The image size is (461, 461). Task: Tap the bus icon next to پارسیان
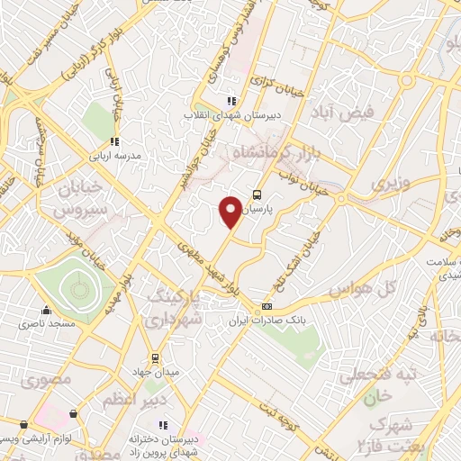point(258,194)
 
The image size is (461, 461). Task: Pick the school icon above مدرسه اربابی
point(114,140)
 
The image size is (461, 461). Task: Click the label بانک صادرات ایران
point(267,321)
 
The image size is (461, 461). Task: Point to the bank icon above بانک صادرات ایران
point(266,307)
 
